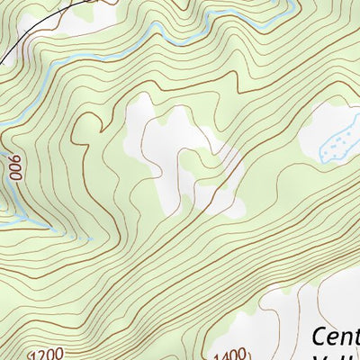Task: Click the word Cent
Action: (x=336, y=336)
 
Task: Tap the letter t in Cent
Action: (x=355, y=336)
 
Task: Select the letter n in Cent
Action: (x=345, y=337)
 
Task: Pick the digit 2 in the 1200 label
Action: (x=45, y=354)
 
